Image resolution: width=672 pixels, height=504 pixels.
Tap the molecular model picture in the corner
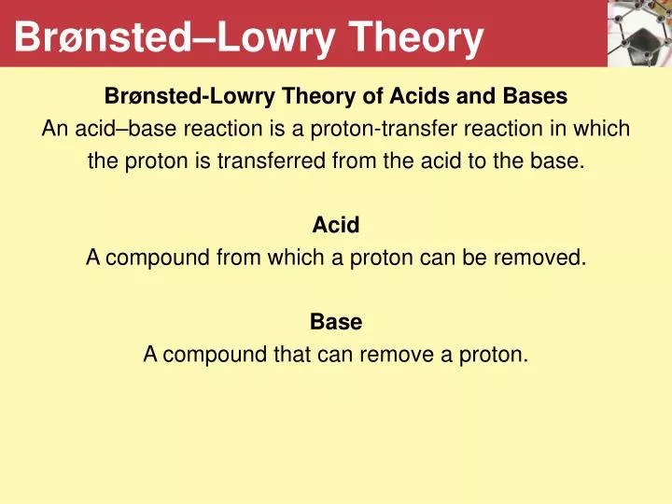639,34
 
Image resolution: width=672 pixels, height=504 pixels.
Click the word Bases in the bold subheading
536,96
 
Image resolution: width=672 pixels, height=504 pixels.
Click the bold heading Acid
336,225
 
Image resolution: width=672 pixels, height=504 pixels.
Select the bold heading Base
336,322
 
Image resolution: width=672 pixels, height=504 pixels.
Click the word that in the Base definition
292,355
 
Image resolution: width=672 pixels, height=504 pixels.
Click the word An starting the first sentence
55,129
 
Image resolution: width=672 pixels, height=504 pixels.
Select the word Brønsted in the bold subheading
153,96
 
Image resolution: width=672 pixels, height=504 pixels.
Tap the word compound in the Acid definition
158,259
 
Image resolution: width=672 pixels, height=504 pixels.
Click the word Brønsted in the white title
103,37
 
